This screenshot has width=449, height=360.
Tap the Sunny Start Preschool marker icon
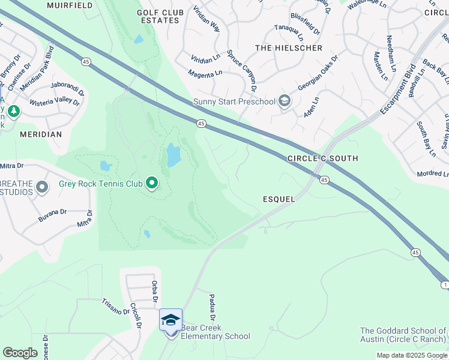285,101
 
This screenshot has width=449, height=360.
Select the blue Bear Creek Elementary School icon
170,320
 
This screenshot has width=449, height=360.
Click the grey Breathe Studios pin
42,187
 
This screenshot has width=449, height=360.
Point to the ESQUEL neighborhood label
279,199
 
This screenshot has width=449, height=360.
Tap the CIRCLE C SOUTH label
322,158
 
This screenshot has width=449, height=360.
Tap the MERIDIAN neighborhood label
41,134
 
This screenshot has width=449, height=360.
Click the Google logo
20,353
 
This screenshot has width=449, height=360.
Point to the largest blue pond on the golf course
173,155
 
